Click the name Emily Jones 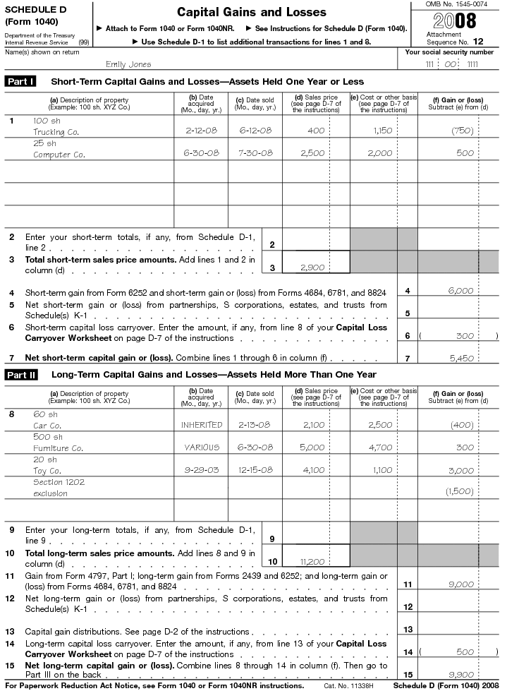pyautogui.click(x=128, y=65)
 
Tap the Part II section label pyautogui.click(x=22, y=374)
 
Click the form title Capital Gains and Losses pyautogui.click(x=251, y=12)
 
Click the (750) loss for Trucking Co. pyautogui.click(x=463, y=131)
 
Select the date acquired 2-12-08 pyautogui.click(x=204, y=131)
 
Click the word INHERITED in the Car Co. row pyautogui.click(x=202, y=425)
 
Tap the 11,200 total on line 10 pyautogui.click(x=311, y=562)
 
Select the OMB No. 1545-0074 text pyautogui.click(x=456, y=5)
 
